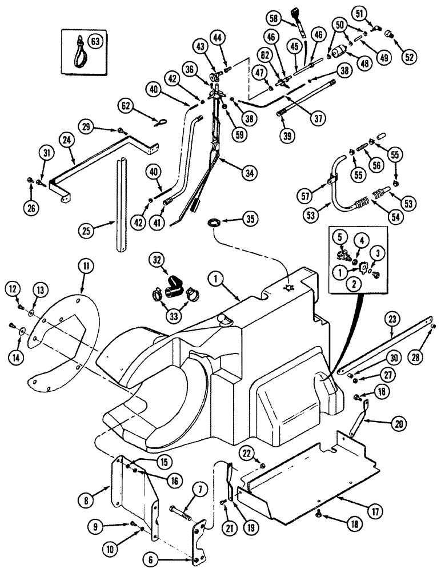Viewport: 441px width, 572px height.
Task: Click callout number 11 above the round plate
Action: [86, 267]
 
